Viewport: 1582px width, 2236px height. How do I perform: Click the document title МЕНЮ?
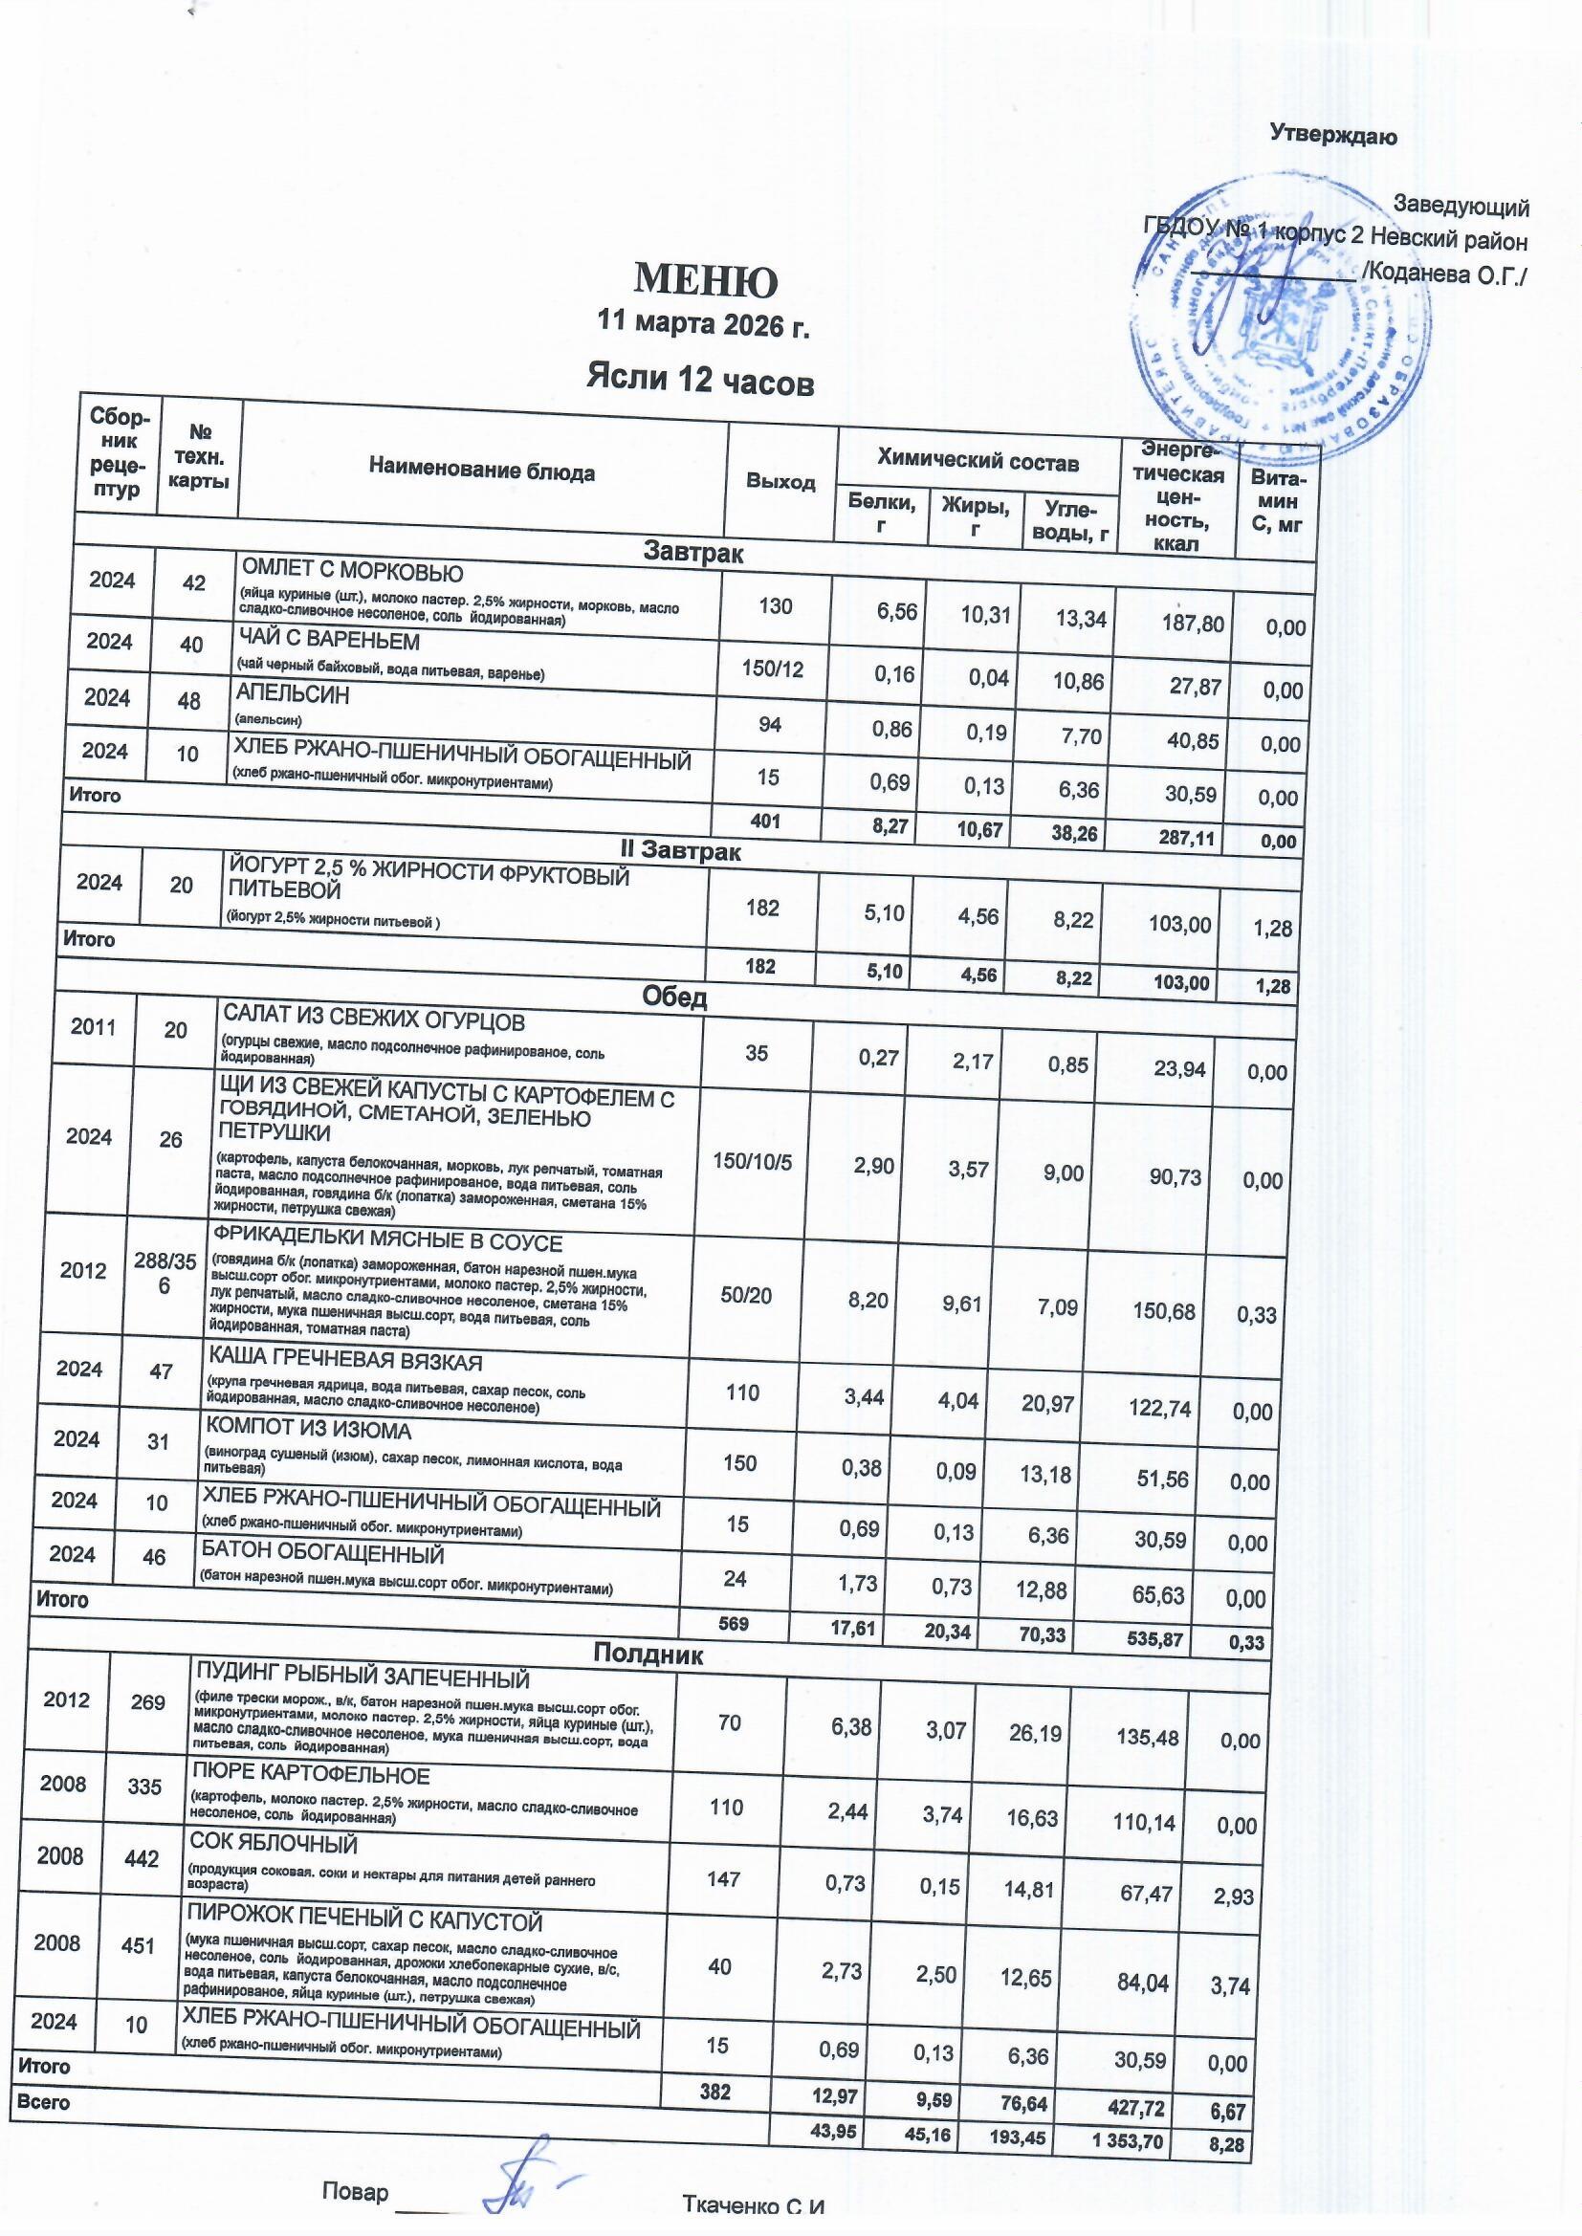(x=706, y=281)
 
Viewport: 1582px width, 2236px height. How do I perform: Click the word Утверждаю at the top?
(x=1333, y=137)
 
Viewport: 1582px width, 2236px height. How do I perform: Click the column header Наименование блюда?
(x=481, y=473)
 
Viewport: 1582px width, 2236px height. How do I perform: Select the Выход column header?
(x=780, y=482)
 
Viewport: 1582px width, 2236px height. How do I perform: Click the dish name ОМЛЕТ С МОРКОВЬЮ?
(x=352, y=572)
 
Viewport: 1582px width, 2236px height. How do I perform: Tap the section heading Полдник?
(x=648, y=1654)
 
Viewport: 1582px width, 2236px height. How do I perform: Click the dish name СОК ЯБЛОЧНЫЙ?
(x=274, y=1845)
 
